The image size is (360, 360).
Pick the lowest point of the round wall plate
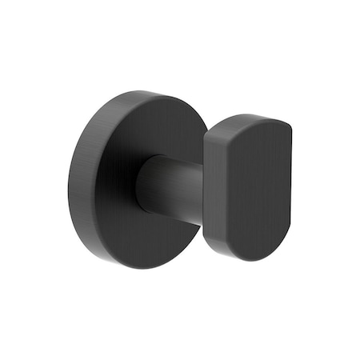149,269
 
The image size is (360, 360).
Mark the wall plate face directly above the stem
160,128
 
